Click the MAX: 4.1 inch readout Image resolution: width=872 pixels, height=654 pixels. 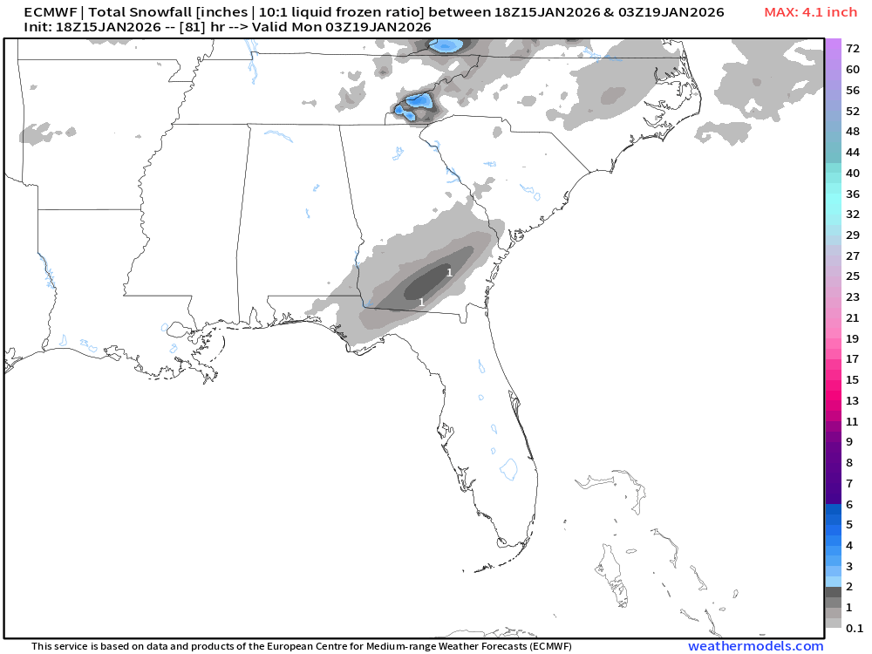click(x=810, y=12)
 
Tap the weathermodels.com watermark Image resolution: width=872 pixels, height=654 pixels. click(x=755, y=646)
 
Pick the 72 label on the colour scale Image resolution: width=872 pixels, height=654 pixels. click(x=853, y=49)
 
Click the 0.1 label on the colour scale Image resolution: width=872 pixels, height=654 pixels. click(x=855, y=628)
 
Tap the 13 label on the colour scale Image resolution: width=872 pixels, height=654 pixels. click(x=853, y=400)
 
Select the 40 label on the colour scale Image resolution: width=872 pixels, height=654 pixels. click(x=853, y=173)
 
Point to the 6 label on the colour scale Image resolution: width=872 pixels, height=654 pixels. click(x=849, y=504)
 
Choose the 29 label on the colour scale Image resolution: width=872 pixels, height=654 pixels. click(x=853, y=235)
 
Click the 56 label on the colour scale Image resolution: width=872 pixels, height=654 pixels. click(x=853, y=90)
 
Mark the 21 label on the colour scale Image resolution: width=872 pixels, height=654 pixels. click(x=853, y=317)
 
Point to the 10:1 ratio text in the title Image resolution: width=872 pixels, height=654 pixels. click(x=277, y=12)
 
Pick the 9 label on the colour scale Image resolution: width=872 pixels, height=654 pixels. click(x=849, y=441)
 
